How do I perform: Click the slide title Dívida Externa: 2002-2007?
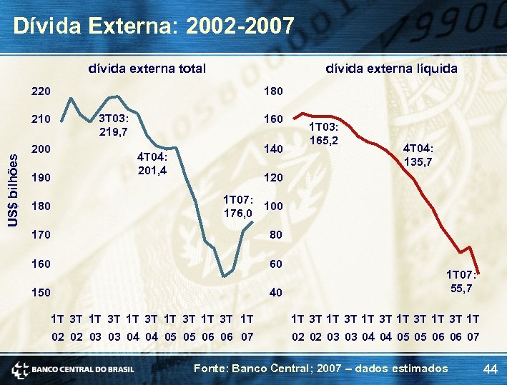(x=154, y=26)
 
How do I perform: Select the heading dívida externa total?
(x=147, y=69)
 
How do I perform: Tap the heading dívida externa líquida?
(x=391, y=69)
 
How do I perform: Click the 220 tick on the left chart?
(x=41, y=91)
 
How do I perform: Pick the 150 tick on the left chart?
(x=41, y=293)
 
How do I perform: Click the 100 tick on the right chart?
(x=274, y=206)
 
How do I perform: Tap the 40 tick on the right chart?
(x=275, y=293)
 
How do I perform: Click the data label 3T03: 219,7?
(x=113, y=125)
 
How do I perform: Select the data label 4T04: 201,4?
(x=152, y=164)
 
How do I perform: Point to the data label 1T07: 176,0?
(x=238, y=206)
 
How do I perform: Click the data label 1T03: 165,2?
(x=323, y=132)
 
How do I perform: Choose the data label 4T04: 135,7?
(x=418, y=155)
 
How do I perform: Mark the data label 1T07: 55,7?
(x=461, y=281)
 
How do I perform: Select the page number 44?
(x=490, y=369)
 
